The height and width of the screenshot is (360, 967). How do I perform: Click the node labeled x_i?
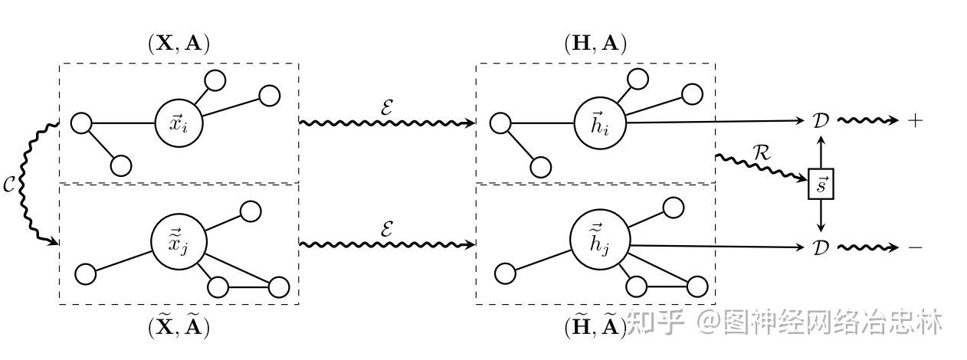179,123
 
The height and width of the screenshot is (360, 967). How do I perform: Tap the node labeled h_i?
598,123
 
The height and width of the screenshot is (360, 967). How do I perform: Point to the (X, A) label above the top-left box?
179,44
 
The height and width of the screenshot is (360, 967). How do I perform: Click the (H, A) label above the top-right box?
595,44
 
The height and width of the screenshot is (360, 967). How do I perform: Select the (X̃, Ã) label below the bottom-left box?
179,326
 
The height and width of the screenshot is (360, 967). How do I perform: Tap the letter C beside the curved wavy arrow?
9,185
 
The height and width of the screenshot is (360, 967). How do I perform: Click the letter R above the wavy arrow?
761,152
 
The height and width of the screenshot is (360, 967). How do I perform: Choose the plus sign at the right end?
915,121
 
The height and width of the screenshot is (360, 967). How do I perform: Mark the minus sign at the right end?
915,247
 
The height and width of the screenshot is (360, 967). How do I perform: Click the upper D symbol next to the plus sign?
821,121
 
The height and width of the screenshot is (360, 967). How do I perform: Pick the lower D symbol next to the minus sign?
821,247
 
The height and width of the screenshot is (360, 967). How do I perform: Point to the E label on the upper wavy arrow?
388,106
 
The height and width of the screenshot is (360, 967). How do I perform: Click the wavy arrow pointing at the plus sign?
867,121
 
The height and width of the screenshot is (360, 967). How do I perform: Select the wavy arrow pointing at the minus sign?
867,247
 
